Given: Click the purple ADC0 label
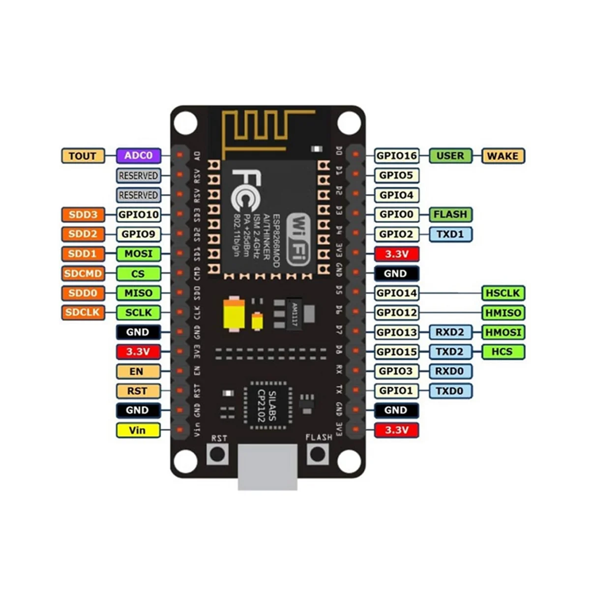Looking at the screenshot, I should [x=138, y=156].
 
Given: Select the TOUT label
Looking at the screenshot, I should [x=83, y=156].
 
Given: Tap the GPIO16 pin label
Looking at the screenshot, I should [x=396, y=156].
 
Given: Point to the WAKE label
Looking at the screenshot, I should [x=502, y=156].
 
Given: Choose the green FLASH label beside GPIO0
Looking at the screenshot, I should [x=450, y=214].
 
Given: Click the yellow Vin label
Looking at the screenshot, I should [x=138, y=430].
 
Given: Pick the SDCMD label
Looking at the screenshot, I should [x=83, y=273].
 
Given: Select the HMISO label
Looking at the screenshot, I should [x=503, y=313].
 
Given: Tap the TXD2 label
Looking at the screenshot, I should [x=449, y=352].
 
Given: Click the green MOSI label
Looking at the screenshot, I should [x=138, y=254].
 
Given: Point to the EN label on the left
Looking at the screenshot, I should [x=138, y=371].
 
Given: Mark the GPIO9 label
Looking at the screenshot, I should [x=138, y=234].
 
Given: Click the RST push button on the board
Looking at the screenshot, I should [x=217, y=454].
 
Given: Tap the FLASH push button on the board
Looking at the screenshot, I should [x=318, y=454].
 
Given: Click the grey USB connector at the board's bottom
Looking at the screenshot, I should [x=267, y=467].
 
